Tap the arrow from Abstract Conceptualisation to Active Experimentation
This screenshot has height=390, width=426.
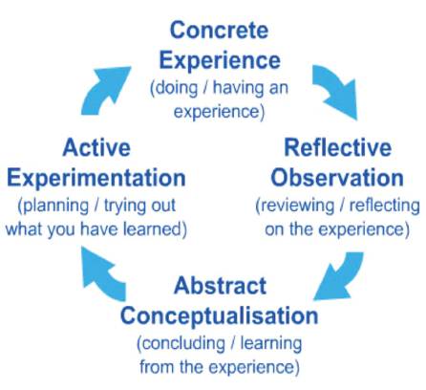[101, 273]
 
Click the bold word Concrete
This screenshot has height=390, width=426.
[220, 31]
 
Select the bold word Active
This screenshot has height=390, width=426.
[96, 147]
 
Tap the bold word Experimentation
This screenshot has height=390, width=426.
[96, 178]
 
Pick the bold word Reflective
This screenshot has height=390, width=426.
[338, 147]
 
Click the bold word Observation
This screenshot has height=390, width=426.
[337, 178]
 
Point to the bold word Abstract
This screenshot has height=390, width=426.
[221, 286]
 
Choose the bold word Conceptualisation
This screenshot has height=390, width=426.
[220, 315]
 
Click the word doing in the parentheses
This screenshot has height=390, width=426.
[174, 88]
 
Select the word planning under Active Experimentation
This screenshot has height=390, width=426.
[53, 206]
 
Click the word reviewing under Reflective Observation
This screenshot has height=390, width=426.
[295, 206]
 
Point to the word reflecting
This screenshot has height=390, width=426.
[385, 206]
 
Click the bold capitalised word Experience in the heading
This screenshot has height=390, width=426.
[220, 60]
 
